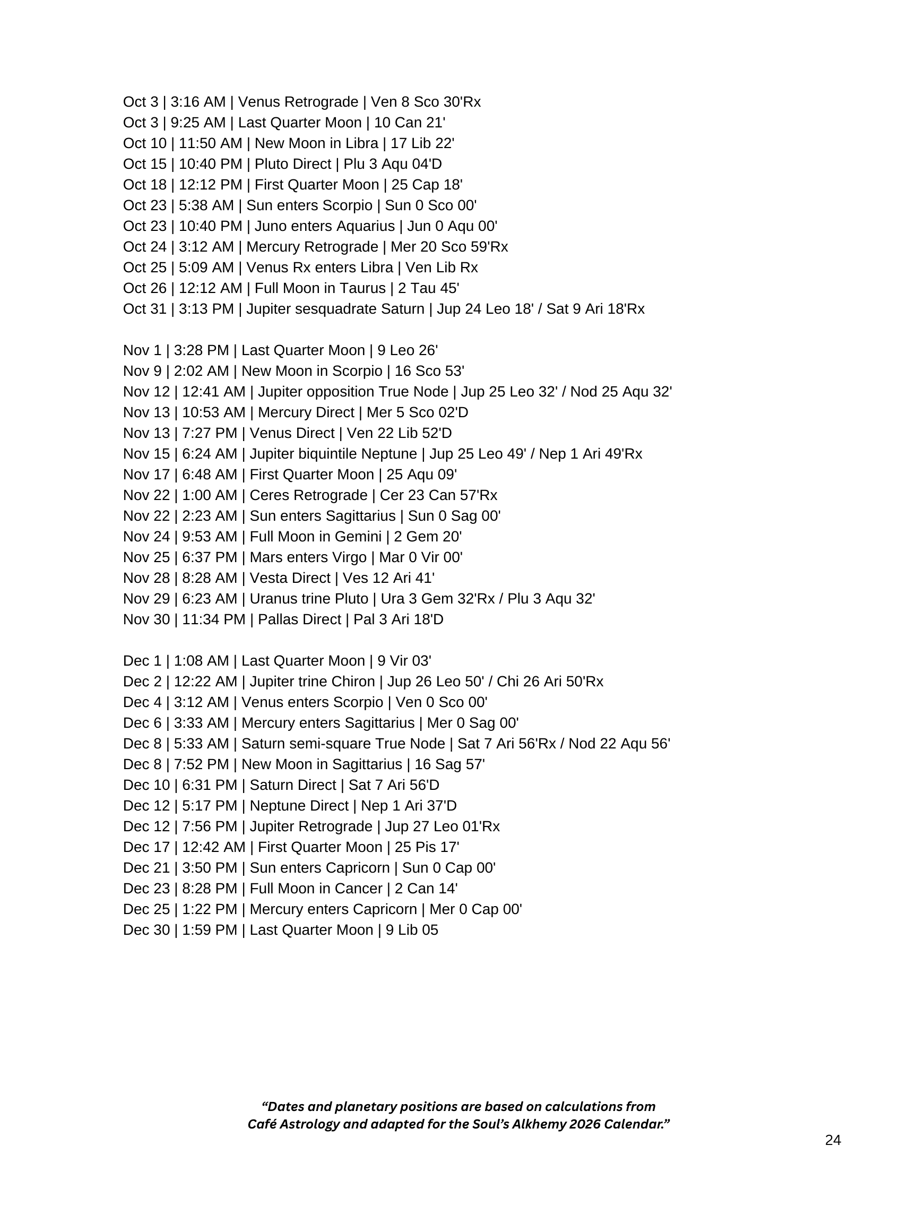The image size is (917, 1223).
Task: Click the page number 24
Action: coord(833,1140)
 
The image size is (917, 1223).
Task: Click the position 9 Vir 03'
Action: coord(404,661)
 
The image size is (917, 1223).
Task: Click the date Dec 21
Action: coord(146,868)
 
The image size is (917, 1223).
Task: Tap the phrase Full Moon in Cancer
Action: coord(316,889)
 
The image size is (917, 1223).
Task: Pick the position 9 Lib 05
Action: coord(412,931)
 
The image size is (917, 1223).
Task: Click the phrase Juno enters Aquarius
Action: coord(324,227)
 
